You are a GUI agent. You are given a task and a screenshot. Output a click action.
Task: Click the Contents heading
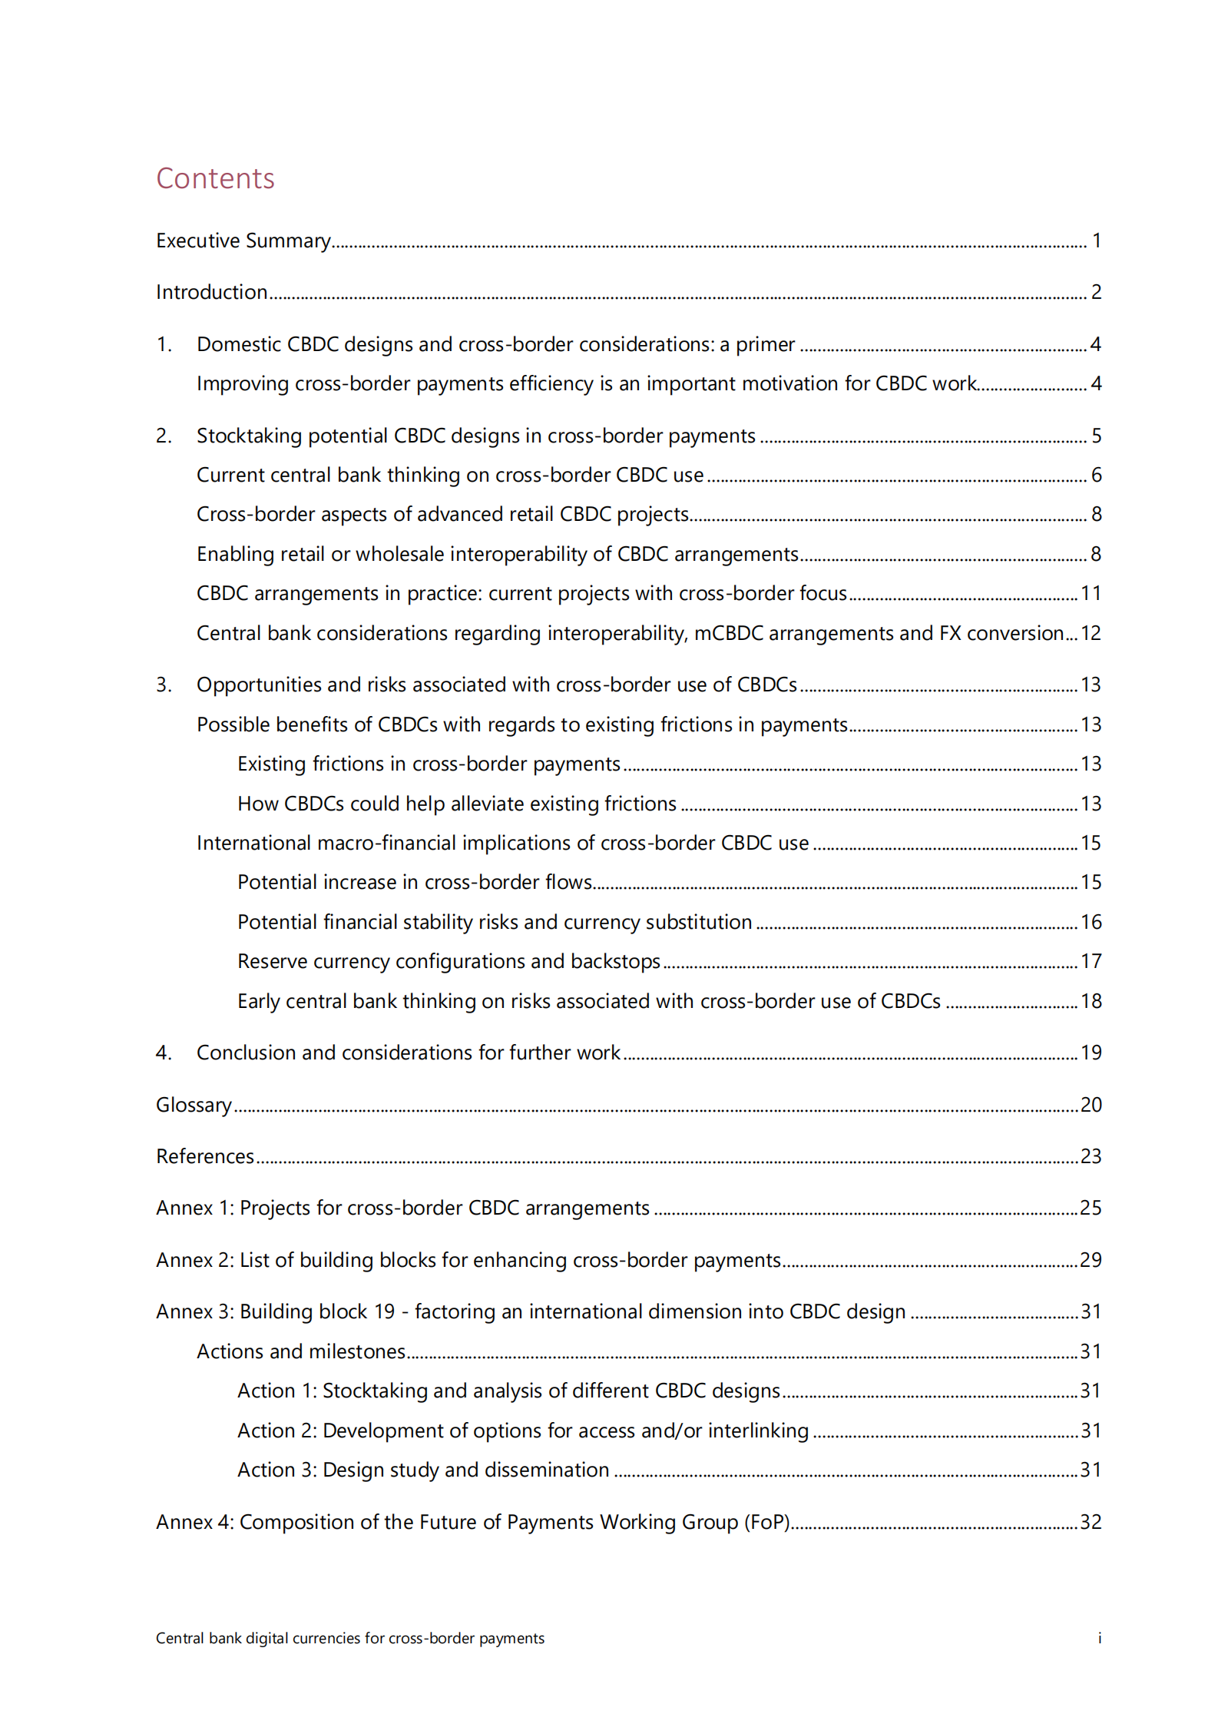215,178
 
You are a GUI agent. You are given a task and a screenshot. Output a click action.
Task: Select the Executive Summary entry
243,241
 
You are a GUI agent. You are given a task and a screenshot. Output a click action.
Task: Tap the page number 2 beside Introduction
1096,293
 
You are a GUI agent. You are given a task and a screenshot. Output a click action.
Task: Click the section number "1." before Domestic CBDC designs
164,345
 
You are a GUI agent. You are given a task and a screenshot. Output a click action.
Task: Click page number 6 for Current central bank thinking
1096,476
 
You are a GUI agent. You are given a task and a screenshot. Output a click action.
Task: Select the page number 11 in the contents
1091,594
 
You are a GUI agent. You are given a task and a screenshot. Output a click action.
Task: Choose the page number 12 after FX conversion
1091,634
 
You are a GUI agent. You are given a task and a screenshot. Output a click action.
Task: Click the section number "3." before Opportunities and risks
164,685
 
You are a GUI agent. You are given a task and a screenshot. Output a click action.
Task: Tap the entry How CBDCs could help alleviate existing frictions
457,804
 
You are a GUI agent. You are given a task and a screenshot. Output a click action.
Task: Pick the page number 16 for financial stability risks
1091,923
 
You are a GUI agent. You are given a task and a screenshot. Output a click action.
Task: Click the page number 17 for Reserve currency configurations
1091,962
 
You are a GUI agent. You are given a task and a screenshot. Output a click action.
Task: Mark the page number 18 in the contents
1091,1002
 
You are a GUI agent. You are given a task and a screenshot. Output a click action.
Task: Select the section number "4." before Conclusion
164,1053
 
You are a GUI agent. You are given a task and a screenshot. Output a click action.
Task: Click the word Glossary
194,1106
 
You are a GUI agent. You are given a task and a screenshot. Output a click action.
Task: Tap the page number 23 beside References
1091,1157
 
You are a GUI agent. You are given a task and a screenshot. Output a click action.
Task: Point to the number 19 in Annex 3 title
384,1312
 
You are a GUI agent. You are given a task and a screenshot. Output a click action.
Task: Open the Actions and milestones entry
301,1352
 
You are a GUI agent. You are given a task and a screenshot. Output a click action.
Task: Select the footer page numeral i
1099,1639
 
